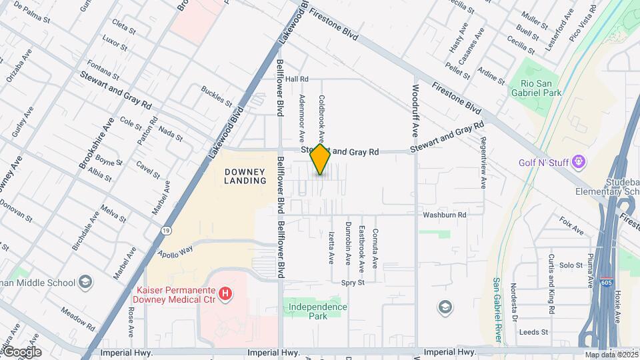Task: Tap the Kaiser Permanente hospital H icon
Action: (x=225, y=293)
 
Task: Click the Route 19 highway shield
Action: (x=165, y=230)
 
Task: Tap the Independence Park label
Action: (x=318, y=311)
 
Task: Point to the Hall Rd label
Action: (x=295, y=79)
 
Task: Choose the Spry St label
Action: (x=353, y=283)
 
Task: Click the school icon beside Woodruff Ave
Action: (x=445, y=307)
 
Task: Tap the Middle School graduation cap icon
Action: (x=85, y=282)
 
